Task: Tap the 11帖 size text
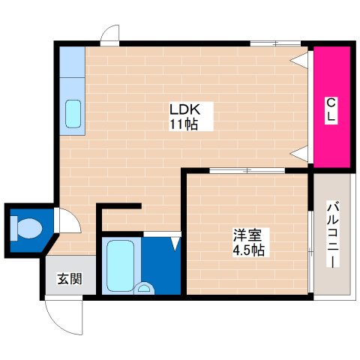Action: pyautogui.click(x=182, y=125)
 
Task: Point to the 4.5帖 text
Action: pyautogui.click(x=247, y=249)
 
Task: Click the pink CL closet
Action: pyautogui.click(x=331, y=108)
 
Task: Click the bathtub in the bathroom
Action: pyautogui.click(x=120, y=265)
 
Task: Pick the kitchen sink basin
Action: pyautogui.click(x=74, y=113)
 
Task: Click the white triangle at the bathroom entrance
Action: pyautogui.click(x=175, y=243)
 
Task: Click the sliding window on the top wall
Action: pyautogui.click(x=274, y=43)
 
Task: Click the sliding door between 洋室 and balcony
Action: pyautogui.click(x=311, y=240)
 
